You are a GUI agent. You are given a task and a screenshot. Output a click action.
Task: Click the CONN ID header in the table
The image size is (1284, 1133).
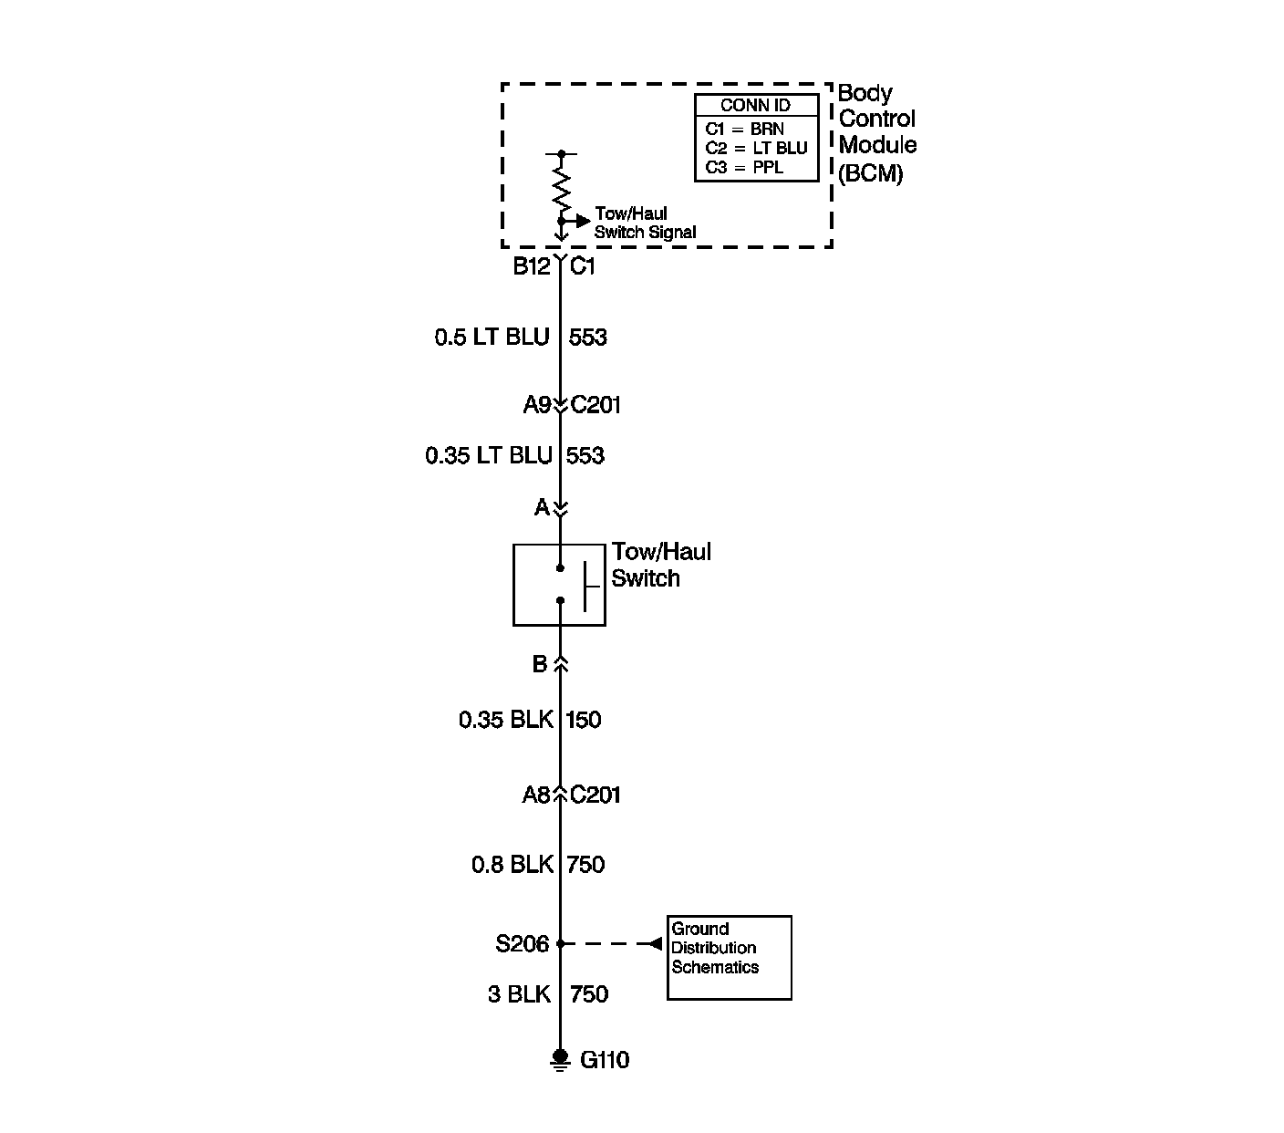755,106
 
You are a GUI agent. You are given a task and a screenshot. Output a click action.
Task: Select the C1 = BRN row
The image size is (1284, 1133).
744,130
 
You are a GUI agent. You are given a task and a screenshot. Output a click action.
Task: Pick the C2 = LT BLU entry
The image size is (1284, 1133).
756,148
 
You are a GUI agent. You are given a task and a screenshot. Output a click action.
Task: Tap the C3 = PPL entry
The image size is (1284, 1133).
744,168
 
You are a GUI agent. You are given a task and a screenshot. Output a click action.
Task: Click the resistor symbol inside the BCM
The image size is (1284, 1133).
561,191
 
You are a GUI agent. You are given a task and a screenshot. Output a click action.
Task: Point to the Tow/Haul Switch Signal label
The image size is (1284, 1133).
644,223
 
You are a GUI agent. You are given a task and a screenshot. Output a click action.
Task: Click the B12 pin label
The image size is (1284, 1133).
531,266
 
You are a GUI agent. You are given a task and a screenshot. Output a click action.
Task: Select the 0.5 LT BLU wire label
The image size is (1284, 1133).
492,338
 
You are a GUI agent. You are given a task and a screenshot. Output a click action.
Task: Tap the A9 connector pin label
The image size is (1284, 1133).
536,405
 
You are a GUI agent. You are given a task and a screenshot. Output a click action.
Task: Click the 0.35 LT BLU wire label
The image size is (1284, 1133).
489,455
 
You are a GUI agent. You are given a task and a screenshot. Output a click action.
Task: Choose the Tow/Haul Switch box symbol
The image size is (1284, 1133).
559,585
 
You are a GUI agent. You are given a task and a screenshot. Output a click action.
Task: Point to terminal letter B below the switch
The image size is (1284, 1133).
540,664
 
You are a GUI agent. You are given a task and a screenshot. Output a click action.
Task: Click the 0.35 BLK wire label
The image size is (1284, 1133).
505,720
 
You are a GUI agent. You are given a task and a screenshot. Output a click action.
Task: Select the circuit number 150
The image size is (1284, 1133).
584,720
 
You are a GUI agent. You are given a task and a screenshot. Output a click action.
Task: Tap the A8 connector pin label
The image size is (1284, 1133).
536,795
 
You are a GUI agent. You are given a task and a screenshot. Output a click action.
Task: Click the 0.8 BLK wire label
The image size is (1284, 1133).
512,864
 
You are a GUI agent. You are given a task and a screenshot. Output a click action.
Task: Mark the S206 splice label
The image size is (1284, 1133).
523,944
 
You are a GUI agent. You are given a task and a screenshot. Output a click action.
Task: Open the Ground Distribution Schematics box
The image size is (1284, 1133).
729,957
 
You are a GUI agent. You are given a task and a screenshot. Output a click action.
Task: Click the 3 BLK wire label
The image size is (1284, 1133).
519,994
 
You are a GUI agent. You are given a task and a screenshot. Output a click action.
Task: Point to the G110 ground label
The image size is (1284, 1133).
605,1060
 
